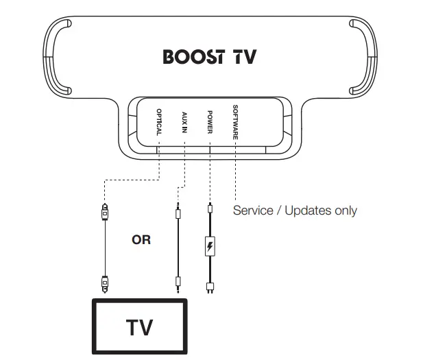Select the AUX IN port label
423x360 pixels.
pos(184,121)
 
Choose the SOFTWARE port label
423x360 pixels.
pos(235,121)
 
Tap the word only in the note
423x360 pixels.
pos(345,210)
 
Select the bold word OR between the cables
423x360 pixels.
pos(141,240)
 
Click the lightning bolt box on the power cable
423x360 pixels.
pos(210,246)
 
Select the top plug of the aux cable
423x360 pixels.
pos(178,212)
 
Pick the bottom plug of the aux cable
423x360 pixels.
pos(178,281)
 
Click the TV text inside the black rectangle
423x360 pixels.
pos(139,326)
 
